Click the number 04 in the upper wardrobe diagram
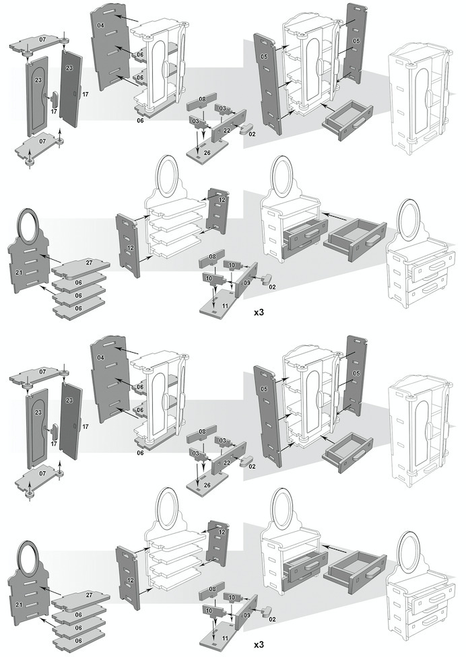point(101,26)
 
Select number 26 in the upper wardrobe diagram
point(207,153)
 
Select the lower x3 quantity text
point(259,645)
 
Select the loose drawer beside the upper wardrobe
point(347,119)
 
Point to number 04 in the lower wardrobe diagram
point(101,357)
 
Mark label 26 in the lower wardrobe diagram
point(207,485)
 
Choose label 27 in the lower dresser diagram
point(89,595)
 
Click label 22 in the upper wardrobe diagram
point(227,129)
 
